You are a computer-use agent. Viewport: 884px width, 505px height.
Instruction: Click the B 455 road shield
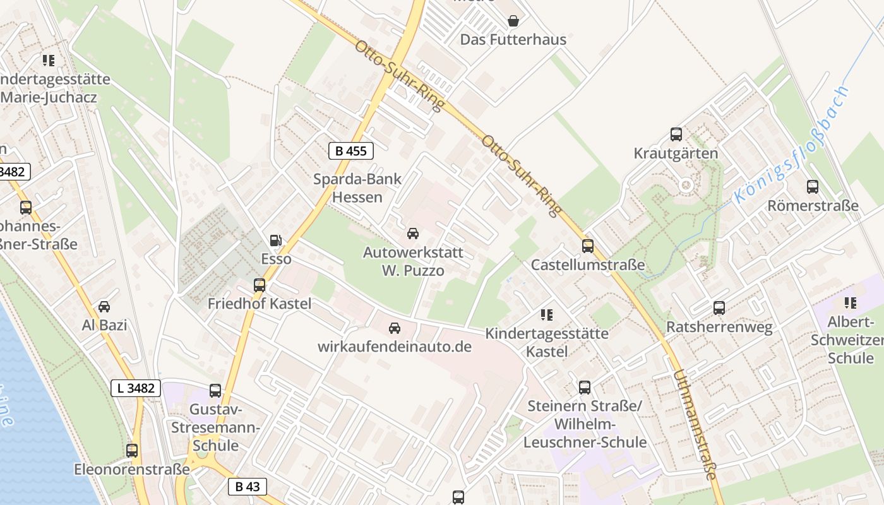pyautogui.click(x=351, y=151)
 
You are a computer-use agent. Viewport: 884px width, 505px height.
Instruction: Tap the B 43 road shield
pyautogui.click(x=248, y=487)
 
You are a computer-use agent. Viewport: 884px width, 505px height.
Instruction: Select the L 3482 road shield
pyautogui.click(x=136, y=388)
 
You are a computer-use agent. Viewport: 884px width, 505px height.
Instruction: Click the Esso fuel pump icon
pyautogui.click(x=275, y=240)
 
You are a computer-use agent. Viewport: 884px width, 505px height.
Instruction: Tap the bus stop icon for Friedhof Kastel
pyautogui.click(x=260, y=285)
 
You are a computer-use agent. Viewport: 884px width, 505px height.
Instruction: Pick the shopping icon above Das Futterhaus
pyautogui.click(x=513, y=21)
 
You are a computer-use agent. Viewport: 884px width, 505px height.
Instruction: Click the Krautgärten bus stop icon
pyautogui.click(x=676, y=134)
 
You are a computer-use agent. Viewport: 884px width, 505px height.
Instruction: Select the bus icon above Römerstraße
pyautogui.click(x=813, y=187)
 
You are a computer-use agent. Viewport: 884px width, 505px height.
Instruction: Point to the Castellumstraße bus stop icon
pyautogui.click(x=588, y=246)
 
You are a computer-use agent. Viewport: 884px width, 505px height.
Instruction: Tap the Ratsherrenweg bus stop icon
pyautogui.click(x=719, y=308)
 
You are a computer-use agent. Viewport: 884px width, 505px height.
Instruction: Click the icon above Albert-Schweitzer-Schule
pyautogui.click(x=851, y=303)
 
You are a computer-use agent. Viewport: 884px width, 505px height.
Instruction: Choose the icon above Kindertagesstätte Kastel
pyautogui.click(x=547, y=314)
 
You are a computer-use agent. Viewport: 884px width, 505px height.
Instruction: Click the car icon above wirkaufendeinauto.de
pyautogui.click(x=395, y=328)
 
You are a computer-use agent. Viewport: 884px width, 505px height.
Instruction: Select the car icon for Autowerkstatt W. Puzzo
pyautogui.click(x=413, y=234)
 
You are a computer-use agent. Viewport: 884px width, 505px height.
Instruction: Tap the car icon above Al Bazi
pyautogui.click(x=104, y=307)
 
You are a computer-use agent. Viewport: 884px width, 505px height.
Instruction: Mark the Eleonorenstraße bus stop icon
pyautogui.click(x=132, y=451)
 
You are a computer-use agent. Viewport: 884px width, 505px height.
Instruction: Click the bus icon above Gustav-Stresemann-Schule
pyautogui.click(x=215, y=391)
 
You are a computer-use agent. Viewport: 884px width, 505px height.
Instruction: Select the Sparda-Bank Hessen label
pyautogui.click(x=357, y=187)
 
